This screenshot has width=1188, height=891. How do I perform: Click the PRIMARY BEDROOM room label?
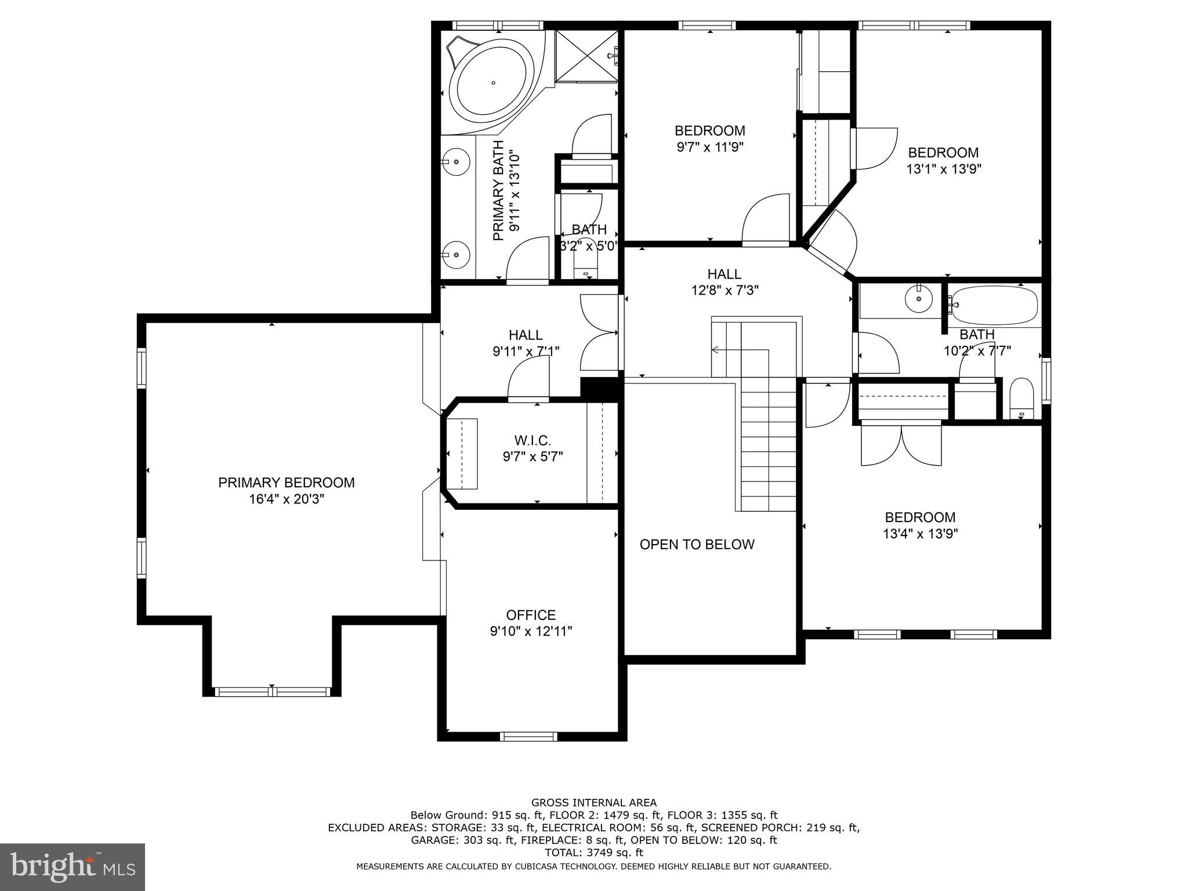[x=286, y=483]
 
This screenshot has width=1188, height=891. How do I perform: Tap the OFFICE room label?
[x=530, y=615]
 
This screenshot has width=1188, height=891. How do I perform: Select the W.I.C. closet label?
[x=532, y=441]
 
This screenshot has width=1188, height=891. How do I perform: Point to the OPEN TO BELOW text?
[x=697, y=545]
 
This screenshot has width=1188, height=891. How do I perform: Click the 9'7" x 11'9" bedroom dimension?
[x=709, y=147]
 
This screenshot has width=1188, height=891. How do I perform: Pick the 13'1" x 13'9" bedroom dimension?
[x=943, y=169]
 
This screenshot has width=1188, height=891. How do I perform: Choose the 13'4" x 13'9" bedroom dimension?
[x=920, y=534]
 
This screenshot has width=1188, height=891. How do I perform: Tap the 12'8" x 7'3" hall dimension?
[x=725, y=290]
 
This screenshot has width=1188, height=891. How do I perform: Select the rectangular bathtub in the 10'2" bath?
[x=994, y=305]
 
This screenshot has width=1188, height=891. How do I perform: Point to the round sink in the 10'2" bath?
[x=919, y=300]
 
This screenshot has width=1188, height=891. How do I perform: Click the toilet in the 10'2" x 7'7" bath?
[x=1021, y=399]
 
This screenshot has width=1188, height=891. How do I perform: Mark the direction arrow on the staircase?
[x=717, y=350]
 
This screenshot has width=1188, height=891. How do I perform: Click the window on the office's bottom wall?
[x=528, y=737]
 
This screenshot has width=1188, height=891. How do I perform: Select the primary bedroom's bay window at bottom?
[x=272, y=691]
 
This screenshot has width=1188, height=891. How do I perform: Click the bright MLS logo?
[x=73, y=867]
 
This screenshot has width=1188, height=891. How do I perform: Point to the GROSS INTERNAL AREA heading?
[x=593, y=803]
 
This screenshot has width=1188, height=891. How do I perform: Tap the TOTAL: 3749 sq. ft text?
[x=593, y=853]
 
